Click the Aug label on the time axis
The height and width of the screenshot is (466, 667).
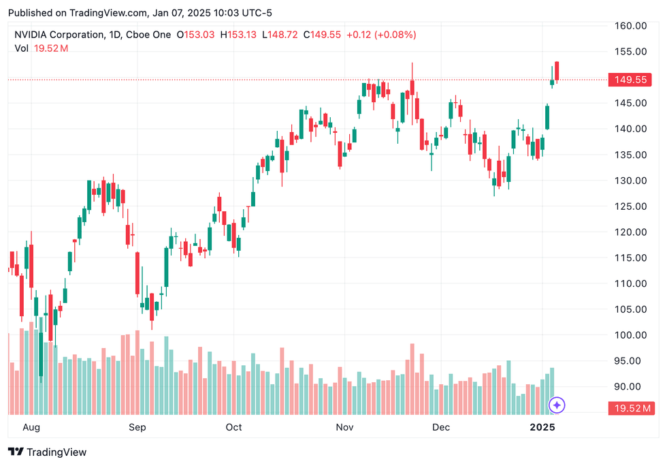[x=31, y=428]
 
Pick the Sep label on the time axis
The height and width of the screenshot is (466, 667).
[x=137, y=428]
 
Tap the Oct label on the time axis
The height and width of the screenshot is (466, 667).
[x=233, y=428]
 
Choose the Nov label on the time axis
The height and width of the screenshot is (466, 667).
[x=345, y=428]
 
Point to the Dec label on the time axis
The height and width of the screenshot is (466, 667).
[x=441, y=428]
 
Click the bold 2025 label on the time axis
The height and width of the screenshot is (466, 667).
[x=543, y=428]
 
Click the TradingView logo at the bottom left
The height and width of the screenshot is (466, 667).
[x=47, y=452]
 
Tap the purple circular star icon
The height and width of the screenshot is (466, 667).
[x=557, y=405]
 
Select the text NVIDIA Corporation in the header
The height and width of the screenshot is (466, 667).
[x=59, y=35]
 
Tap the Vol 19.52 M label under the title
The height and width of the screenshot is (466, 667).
[x=41, y=48]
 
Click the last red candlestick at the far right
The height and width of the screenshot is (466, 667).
[x=557, y=71]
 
